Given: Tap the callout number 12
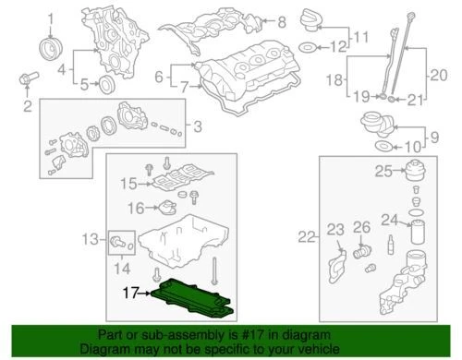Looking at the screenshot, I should (x=342, y=46).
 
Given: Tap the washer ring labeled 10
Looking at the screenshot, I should (x=380, y=148).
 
